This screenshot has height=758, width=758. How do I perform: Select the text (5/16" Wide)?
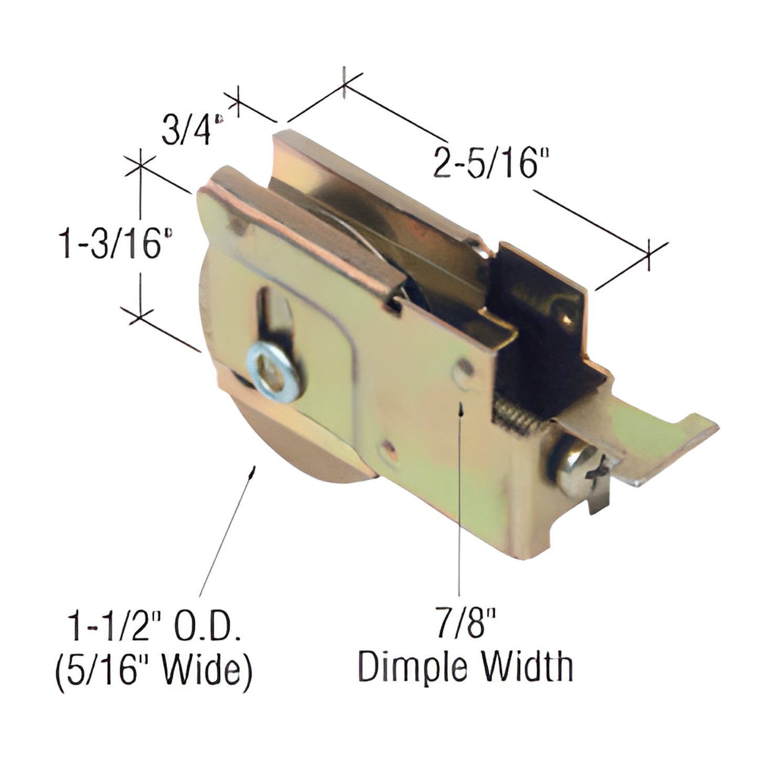click(x=153, y=669)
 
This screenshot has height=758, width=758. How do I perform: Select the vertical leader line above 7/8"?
click(x=460, y=498)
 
